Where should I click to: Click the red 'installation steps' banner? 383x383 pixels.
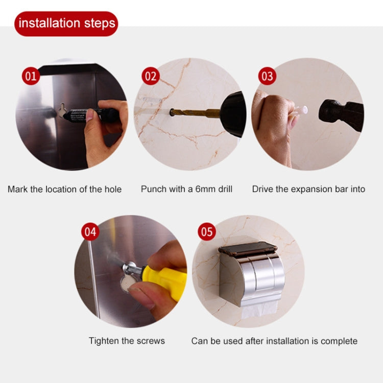pos(66,23)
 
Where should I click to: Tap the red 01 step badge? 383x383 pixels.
pos(31,77)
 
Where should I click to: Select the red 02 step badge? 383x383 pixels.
pos(150,77)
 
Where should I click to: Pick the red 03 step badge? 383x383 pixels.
pos(267,77)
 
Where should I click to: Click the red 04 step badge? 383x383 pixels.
pos(90,232)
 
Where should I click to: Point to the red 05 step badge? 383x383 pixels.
pos(207,232)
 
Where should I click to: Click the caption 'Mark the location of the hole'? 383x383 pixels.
pos(64,189)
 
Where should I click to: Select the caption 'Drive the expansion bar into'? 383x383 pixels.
pos(308,189)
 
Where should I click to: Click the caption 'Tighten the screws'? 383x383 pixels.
pos(127,341)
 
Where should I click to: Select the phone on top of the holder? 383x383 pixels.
pos(248,249)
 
